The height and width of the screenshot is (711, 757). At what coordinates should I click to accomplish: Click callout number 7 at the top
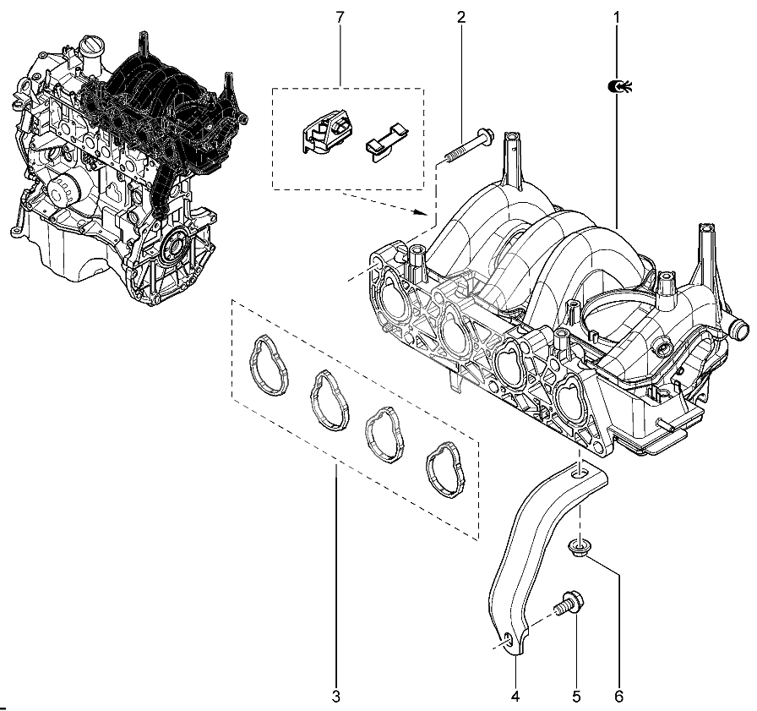click(340, 18)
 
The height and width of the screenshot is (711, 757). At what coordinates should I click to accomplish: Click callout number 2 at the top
click(461, 18)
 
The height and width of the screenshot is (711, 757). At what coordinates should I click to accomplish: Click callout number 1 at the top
click(617, 18)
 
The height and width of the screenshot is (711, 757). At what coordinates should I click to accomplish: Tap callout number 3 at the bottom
click(336, 696)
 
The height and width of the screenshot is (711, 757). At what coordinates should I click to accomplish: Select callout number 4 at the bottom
click(515, 696)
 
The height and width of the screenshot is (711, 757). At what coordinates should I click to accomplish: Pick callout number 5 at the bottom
click(576, 696)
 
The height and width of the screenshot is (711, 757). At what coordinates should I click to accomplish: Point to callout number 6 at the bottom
click(619, 696)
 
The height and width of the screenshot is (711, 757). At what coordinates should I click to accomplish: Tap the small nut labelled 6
click(577, 547)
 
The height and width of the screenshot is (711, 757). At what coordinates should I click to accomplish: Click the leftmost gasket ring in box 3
click(269, 365)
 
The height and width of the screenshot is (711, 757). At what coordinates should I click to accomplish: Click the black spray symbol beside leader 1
click(620, 87)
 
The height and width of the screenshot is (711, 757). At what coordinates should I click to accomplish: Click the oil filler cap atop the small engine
click(90, 43)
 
